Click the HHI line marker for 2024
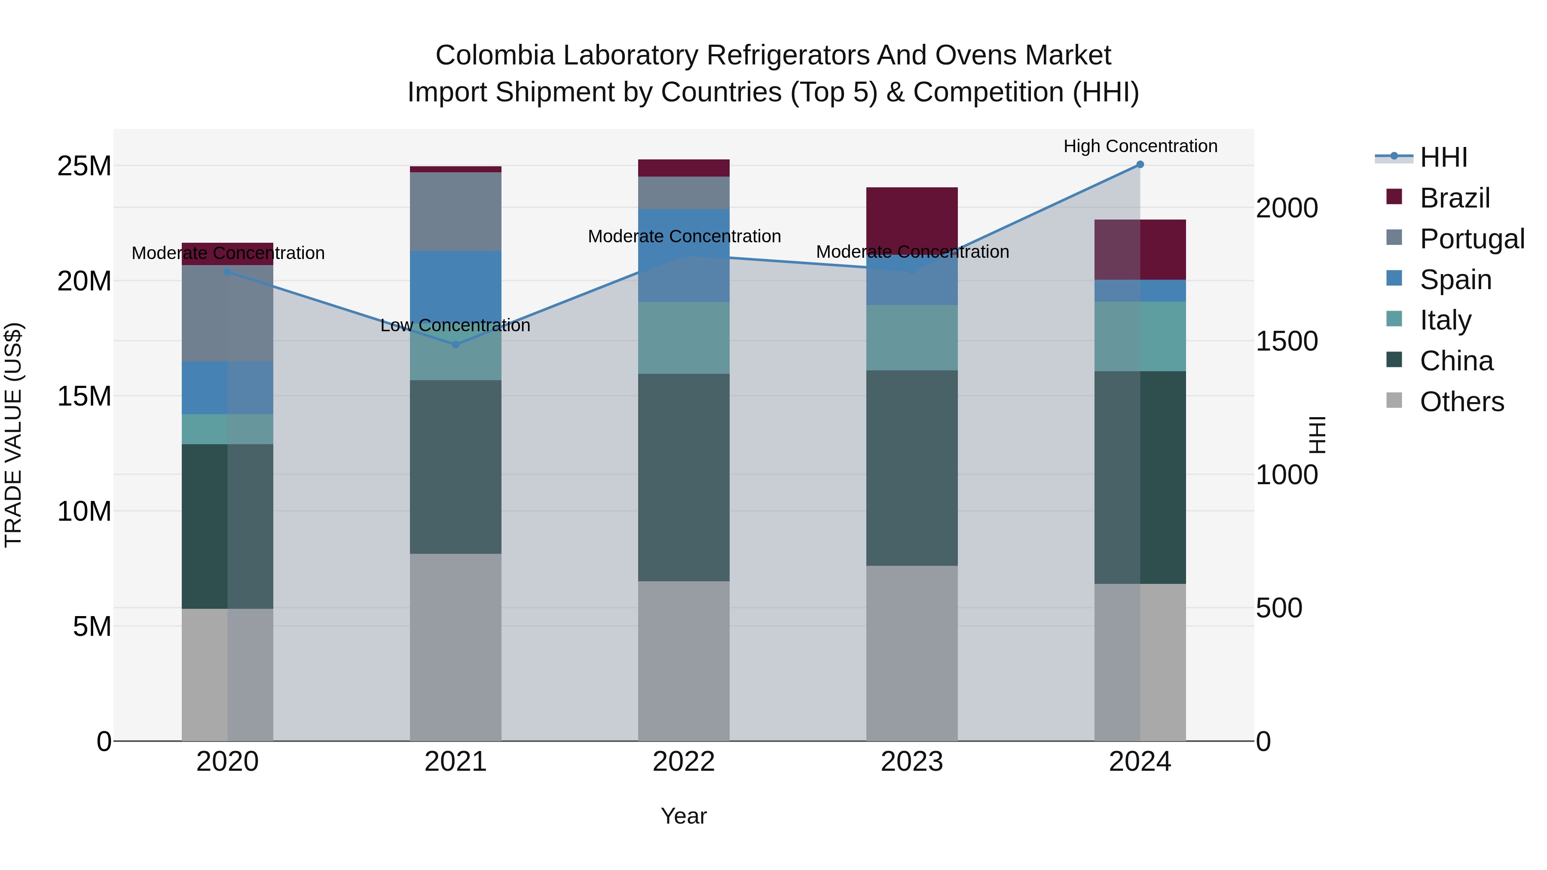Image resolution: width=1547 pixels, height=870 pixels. pyautogui.click(x=1140, y=165)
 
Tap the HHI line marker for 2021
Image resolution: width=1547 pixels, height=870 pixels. pyautogui.click(x=455, y=345)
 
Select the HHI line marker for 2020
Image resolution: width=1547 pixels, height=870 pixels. pyautogui.click(x=228, y=272)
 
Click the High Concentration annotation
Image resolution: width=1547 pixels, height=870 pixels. pyautogui.click(x=1140, y=146)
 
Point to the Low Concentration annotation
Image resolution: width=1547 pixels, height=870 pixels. pyautogui.click(x=455, y=325)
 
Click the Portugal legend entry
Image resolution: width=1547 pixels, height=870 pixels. pyautogui.click(x=1471, y=239)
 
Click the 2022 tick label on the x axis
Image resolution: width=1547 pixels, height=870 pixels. pyautogui.click(x=683, y=762)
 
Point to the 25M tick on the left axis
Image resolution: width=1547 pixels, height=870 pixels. pyautogui.click(x=84, y=166)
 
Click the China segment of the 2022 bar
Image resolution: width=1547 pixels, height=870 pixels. pyautogui.click(x=683, y=477)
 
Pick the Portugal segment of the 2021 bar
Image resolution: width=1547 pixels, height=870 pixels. pyautogui.click(x=455, y=211)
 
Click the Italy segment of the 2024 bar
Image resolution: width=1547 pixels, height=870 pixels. pyautogui.click(x=1140, y=336)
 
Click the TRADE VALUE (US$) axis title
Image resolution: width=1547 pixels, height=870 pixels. pyautogui.click(x=13, y=435)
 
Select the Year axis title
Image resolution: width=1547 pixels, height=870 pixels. pyautogui.click(x=683, y=816)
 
